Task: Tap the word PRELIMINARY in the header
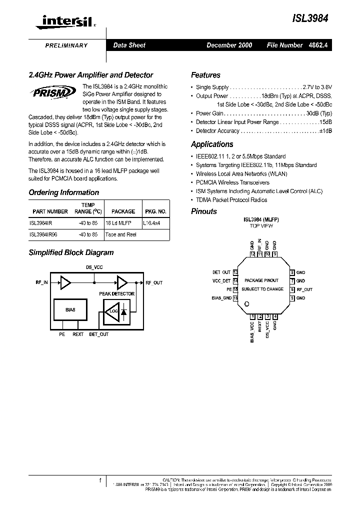click(66, 45)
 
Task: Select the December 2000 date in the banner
click(229, 45)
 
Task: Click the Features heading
click(205, 75)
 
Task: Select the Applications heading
click(212, 144)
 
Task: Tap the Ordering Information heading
click(63, 192)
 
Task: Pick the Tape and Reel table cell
click(120, 234)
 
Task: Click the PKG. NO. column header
click(155, 211)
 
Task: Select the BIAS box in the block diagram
click(70, 310)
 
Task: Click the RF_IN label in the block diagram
click(41, 282)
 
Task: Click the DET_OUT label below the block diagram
click(98, 334)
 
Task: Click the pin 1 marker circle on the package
click(247, 304)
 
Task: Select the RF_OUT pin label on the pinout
click(304, 289)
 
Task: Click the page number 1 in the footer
click(100, 480)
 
